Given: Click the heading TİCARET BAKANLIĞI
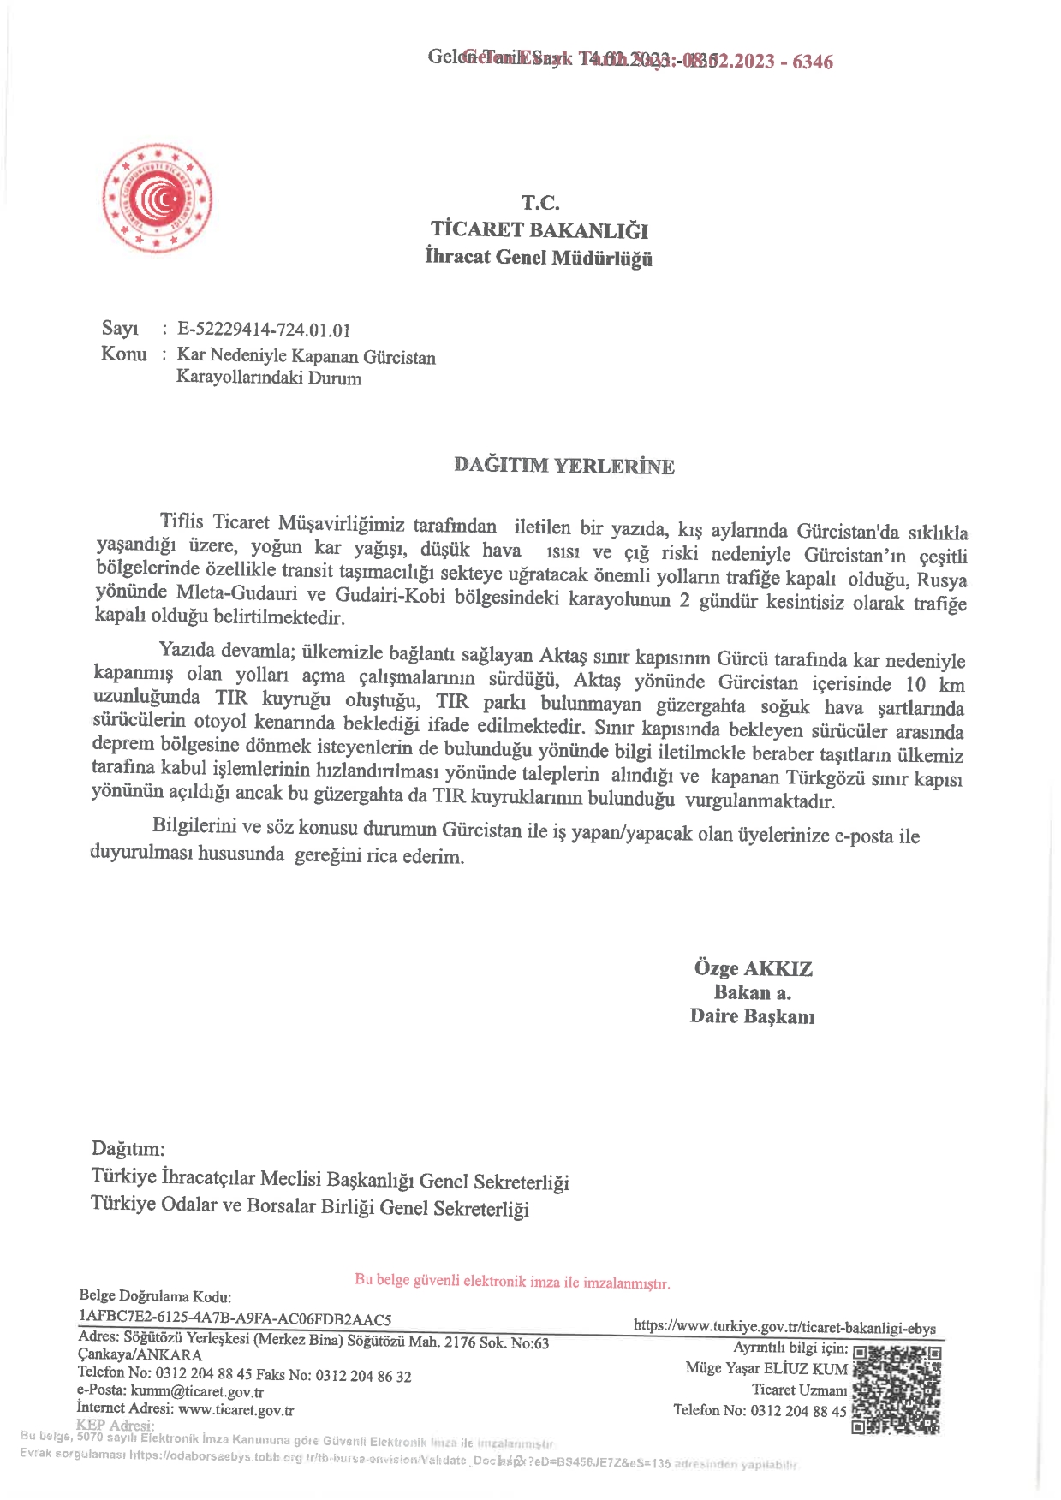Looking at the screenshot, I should pyautogui.click(x=539, y=229).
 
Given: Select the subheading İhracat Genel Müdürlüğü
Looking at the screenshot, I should pyautogui.click(x=539, y=257).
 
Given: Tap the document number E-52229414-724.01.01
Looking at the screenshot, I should pyautogui.click(x=264, y=330).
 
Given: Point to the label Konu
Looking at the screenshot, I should pyautogui.click(x=123, y=354).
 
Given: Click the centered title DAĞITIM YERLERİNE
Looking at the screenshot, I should pyautogui.click(x=563, y=466).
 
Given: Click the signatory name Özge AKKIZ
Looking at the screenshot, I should pyautogui.click(x=754, y=968).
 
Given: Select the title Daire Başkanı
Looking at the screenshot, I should pyautogui.click(x=752, y=1016).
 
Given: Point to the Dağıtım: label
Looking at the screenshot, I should pyautogui.click(x=128, y=1148).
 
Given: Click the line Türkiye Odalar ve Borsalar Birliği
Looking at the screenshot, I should pyautogui.click(x=310, y=1207).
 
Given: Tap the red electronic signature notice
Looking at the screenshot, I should pyautogui.click(x=512, y=1282).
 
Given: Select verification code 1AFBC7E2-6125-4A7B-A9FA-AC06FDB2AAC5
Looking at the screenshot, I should pyautogui.click(x=235, y=1318).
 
